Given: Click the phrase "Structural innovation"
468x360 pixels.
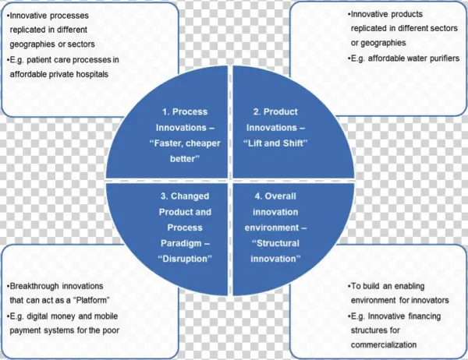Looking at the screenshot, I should [x=278, y=250].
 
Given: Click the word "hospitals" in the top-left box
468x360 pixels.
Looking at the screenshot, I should [x=108, y=74].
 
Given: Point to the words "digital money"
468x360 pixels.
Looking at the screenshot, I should [x=48, y=315].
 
